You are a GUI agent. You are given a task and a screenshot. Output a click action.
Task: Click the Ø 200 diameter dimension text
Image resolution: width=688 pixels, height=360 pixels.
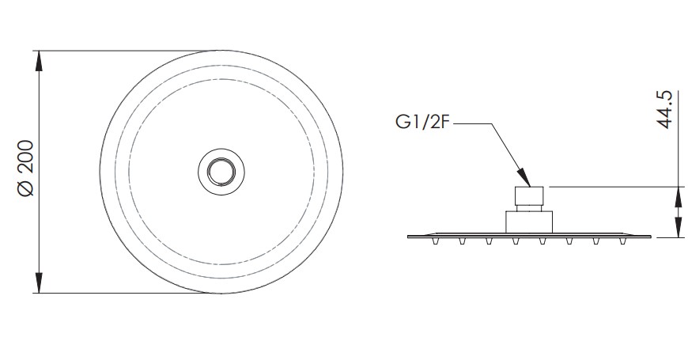click(25, 169)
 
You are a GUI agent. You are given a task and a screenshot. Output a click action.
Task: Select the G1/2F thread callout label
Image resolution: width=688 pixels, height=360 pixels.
click(422, 122)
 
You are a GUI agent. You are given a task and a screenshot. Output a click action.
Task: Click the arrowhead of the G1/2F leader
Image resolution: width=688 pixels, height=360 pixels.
click(524, 177)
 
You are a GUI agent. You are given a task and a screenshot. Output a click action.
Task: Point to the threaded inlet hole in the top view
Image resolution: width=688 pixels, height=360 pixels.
click(221, 172)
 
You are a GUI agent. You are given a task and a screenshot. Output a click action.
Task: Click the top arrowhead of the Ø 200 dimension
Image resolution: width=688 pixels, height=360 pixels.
click(39, 61)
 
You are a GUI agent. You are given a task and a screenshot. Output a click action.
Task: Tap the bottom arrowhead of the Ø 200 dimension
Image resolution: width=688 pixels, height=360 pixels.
click(39, 282)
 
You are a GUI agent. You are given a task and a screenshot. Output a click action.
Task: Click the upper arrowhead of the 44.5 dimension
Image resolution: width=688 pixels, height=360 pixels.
click(679, 196)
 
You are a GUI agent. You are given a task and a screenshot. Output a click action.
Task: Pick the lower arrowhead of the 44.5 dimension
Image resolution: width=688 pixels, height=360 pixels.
click(679, 228)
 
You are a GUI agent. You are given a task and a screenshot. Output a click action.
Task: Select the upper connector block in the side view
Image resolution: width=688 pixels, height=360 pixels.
click(529, 195)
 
